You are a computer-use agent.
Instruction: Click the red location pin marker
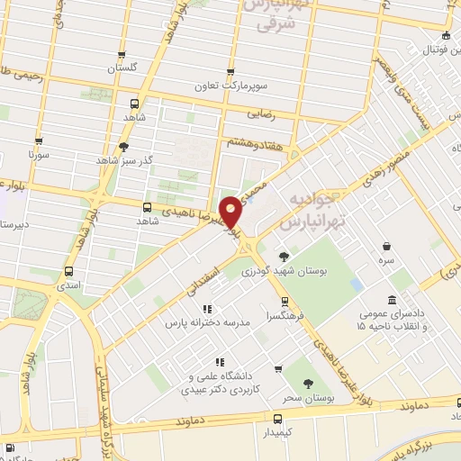(x=231, y=211)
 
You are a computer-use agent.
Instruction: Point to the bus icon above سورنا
(x=38, y=140)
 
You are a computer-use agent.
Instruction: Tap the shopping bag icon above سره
(x=386, y=246)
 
